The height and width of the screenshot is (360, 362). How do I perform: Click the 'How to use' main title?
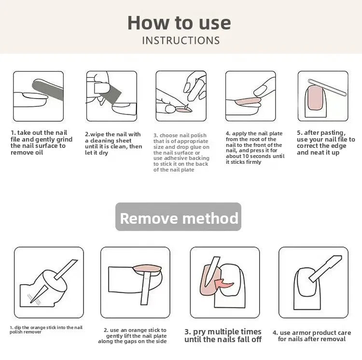pos(179,23)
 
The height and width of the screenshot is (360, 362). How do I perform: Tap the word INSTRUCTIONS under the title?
pos(181,41)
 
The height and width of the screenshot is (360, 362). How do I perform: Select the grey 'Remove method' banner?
pos(178,217)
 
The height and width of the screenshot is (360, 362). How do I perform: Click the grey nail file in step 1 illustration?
pos(48,90)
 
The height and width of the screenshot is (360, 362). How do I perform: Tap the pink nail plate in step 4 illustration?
pos(248,101)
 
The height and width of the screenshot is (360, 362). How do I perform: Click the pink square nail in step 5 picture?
pos(315,98)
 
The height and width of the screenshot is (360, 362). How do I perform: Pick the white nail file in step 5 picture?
pos(327,87)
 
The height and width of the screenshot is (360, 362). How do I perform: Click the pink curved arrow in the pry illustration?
pos(223,283)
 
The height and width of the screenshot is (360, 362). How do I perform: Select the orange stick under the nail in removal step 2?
pos(145,288)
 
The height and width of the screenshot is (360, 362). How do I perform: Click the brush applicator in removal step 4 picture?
pos(325,269)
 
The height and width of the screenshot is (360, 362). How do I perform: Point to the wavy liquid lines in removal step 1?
pos(34,299)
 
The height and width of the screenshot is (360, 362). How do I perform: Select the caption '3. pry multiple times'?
pos(223,332)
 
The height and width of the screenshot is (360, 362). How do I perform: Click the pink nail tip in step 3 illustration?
pos(184,110)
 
